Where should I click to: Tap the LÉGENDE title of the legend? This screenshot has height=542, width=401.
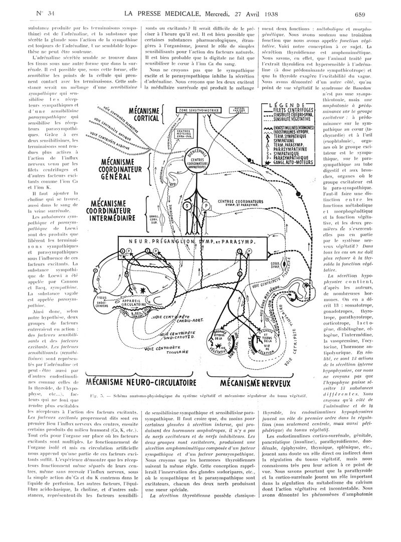coord(286,105)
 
